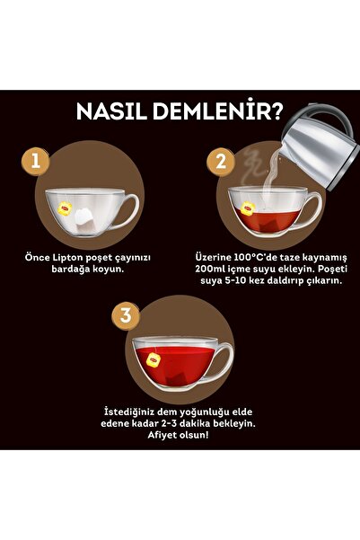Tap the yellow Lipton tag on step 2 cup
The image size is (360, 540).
tap(245, 208)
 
